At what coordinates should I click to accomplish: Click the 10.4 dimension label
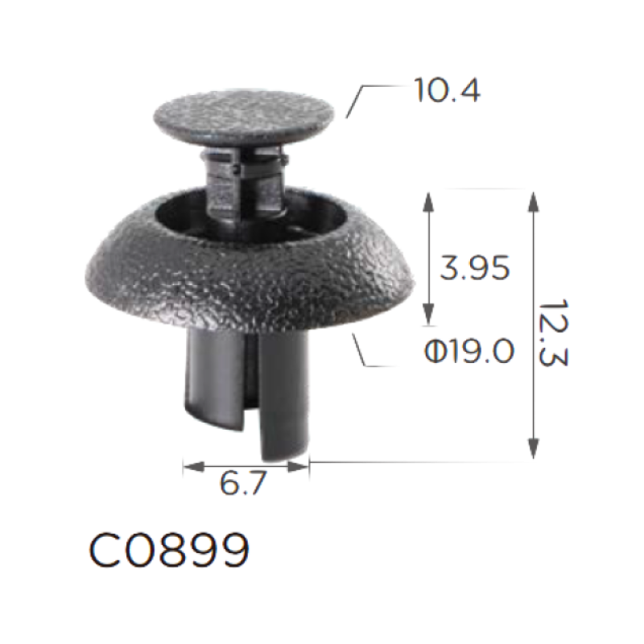coord(447,90)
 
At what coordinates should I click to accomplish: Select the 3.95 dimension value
coord(474,268)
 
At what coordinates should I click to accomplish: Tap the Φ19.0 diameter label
coord(469,351)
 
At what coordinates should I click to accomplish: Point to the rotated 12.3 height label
coord(553,332)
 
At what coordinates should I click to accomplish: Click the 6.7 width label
coord(243,483)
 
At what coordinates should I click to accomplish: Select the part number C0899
coord(169,550)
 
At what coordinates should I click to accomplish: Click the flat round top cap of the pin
coord(244,116)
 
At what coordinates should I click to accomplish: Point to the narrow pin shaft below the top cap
coord(246,180)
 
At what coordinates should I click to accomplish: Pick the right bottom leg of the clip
coord(284,394)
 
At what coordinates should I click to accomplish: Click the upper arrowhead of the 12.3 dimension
coord(533,202)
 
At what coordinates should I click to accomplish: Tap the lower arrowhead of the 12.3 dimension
coord(533,449)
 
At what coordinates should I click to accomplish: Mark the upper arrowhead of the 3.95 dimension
coord(428,202)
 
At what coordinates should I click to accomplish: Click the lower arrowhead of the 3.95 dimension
coord(428,314)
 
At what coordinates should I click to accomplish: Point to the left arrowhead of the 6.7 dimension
coord(194,467)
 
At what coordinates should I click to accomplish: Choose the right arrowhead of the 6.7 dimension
coord(298,467)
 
